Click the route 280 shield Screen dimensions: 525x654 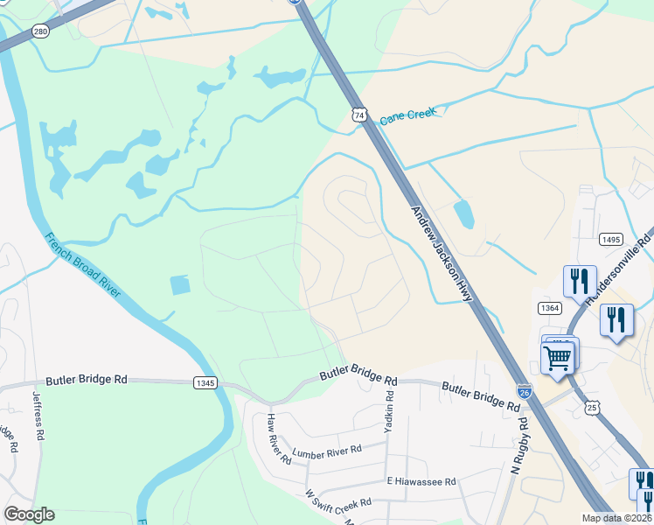40,31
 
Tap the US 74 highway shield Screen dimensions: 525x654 359,115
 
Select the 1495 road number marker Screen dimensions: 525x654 610,239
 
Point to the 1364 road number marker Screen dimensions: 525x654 549,307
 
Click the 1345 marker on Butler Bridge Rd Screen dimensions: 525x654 205,382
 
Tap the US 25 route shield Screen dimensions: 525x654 593,407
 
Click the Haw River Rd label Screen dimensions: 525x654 279,439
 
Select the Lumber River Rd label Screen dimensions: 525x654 327,451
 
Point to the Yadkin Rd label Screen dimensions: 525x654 388,409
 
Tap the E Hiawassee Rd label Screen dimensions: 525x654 421,481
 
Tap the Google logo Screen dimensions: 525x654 29,514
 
